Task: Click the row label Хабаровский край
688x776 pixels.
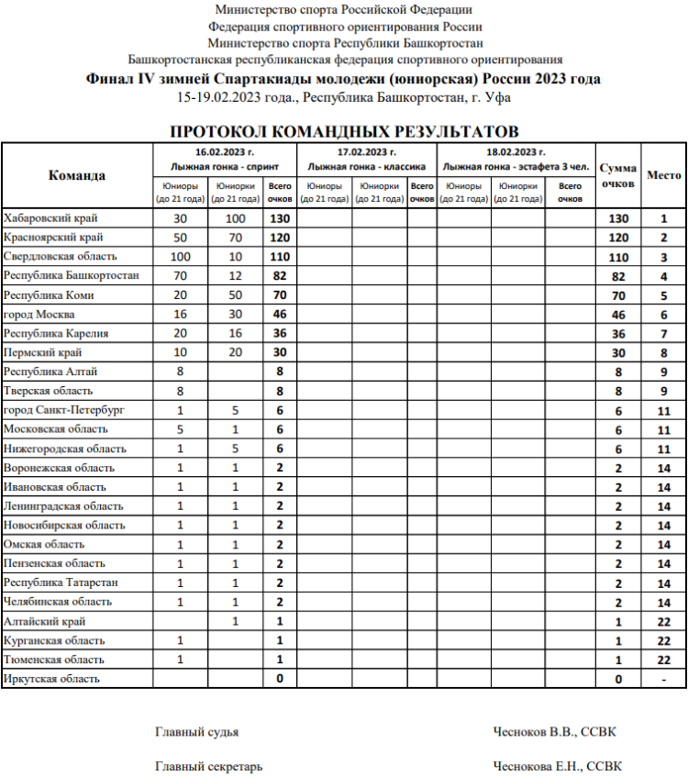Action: (51, 218)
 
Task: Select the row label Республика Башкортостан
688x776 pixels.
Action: (72, 275)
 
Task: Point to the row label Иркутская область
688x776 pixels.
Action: (52, 679)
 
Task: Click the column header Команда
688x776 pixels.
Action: (77, 175)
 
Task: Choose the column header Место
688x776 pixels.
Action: (663, 175)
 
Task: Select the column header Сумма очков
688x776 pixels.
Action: (618, 175)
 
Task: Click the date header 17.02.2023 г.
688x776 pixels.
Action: (367, 152)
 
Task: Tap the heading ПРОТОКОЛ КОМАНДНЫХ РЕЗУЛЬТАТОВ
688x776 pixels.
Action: (345, 131)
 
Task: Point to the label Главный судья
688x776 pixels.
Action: (197, 732)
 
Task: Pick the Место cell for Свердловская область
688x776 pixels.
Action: (663, 257)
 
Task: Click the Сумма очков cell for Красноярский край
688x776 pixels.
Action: (618, 238)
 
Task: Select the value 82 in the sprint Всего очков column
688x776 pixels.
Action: (280, 276)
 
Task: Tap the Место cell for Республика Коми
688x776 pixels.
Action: (663, 295)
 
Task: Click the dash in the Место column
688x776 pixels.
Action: (663, 679)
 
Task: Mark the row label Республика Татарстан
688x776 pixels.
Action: (61, 582)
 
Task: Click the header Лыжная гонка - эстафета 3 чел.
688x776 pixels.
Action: (516, 167)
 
